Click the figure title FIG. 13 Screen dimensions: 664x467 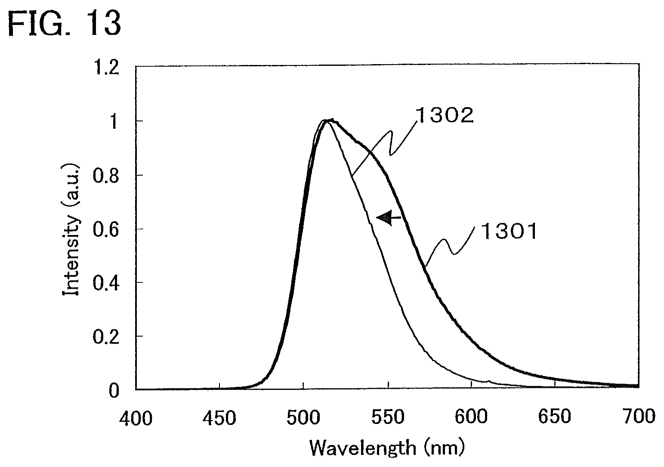64,24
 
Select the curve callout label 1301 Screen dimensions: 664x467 509,232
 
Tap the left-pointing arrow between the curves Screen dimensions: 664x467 389,218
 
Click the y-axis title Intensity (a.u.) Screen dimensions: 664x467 71,230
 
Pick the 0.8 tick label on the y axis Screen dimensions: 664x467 106,176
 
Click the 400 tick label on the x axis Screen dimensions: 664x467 136,418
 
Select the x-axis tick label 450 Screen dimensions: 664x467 219,418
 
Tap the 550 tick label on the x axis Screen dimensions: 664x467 388,417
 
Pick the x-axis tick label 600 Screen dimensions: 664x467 471,417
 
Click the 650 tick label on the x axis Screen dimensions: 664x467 555,416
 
